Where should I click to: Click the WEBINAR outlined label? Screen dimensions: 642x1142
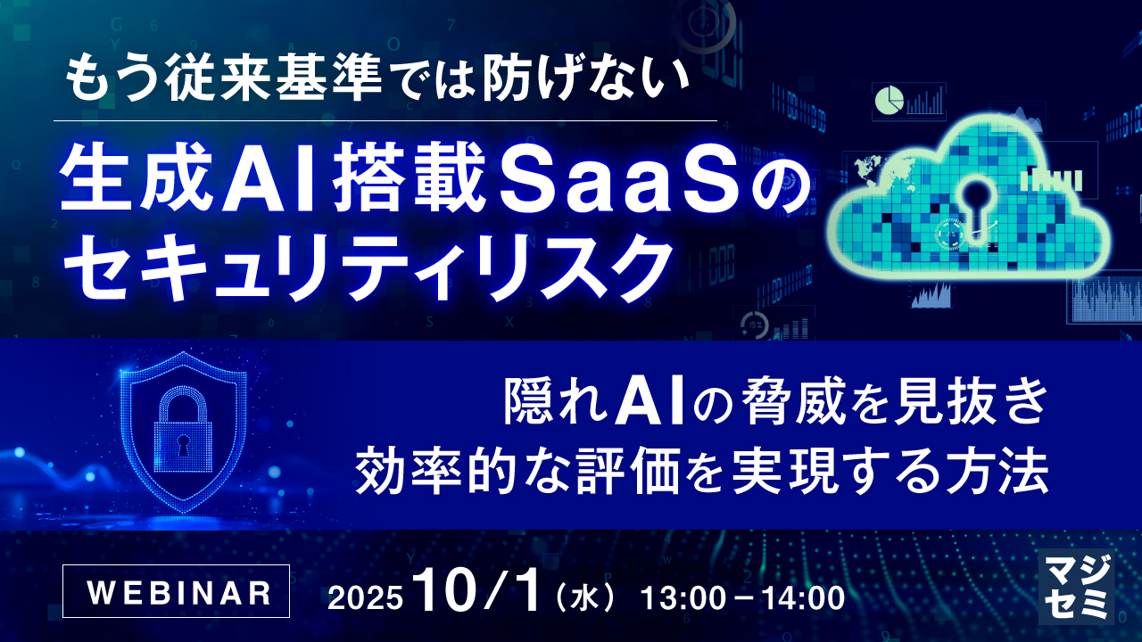tap(177, 591)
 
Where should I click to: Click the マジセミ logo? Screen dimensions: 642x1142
tap(1077, 585)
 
